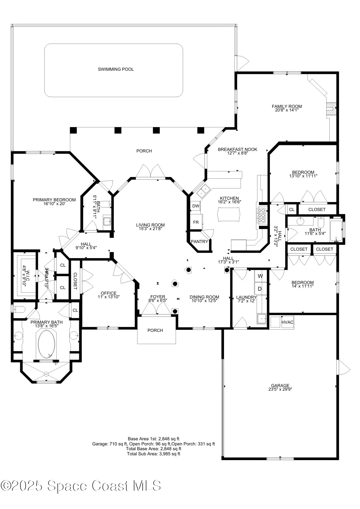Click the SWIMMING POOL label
[x=116, y=69]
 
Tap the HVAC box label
[x=287, y=322]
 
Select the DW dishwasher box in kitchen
[x=196, y=206]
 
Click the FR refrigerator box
[x=196, y=222]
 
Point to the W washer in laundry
[x=260, y=276]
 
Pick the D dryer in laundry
[x=260, y=289]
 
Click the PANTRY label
[x=199, y=242]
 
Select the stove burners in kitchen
[x=262, y=215]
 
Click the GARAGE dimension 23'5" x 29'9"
[x=280, y=389]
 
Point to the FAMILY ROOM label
[x=287, y=106]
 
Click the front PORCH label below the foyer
[x=155, y=330]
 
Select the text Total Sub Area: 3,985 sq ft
[x=153, y=454]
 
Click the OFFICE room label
[x=108, y=293]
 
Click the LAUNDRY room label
[x=246, y=297]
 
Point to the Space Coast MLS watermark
[x=81, y=486]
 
